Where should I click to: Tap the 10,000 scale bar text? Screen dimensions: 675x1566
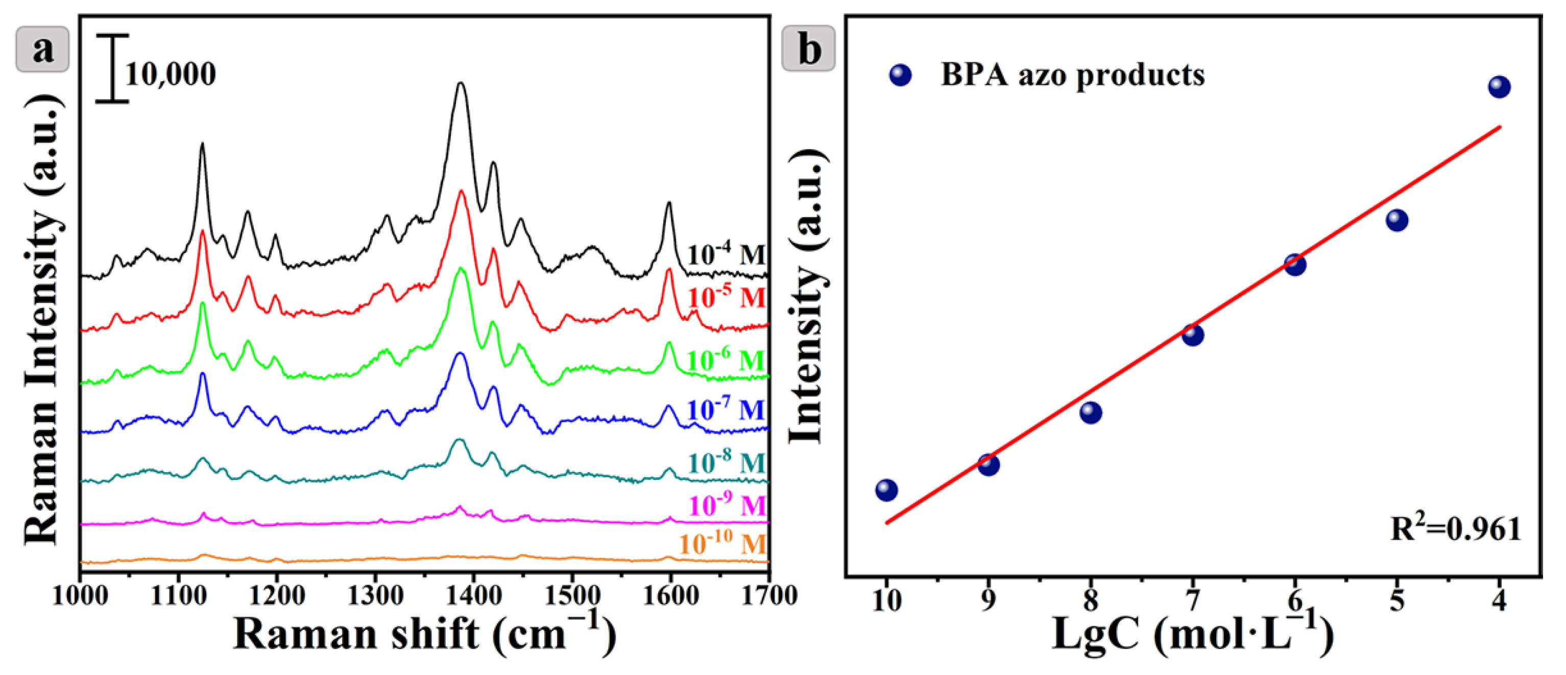pyautogui.click(x=170, y=74)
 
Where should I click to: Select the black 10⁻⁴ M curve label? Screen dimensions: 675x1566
pyautogui.click(x=727, y=254)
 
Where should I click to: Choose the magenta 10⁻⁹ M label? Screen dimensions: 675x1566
pyautogui.click(x=727, y=505)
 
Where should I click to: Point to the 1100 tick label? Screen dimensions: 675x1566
pyautogui.click(x=178, y=596)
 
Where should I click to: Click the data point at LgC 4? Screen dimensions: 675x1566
pyautogui.click(x=1499, y=87)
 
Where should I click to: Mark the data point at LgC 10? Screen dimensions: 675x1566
pyautogui.click(x=886, y=490)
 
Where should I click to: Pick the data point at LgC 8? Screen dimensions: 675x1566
pyautogui.click(x=1091, y=413)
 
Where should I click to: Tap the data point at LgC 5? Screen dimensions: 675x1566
pyautogui.click(x=1397, y=220)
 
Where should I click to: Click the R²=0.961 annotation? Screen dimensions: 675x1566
pyautogui.click(x=1455, y=528)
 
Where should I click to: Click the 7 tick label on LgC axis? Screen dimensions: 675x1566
pyautogui.click(x=1193, y=601)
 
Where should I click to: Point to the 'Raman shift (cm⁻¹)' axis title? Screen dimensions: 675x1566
pyautogui.click(x=424, y=634)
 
